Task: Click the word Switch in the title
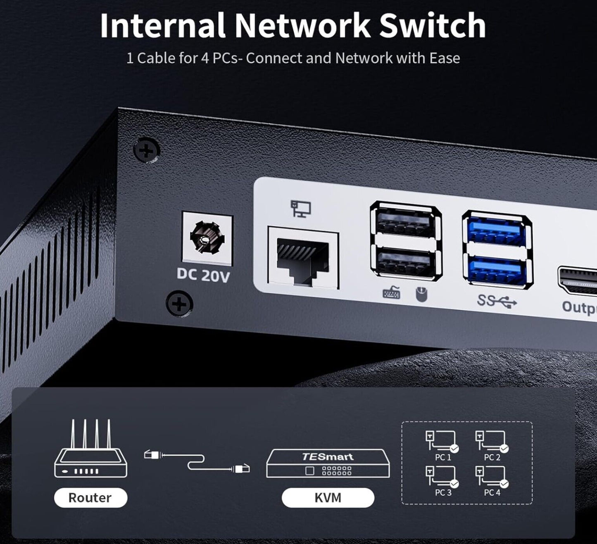pyautogui.click(x=432, y=26)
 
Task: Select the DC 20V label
pyautogui.click(x=203, y=275)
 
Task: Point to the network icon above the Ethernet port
pyautogui.click(x=300, y=208)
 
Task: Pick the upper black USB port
pyautogui.click(x=405, y=223)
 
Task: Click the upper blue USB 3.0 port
pyautogui.click(x=497, y=231)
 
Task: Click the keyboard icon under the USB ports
pyautogui.click(x=391, y=293)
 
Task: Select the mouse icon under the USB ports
pyautogui.click(x=421, y=295)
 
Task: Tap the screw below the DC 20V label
pyautogui.click(x=179, y=304)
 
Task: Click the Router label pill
pyautogui.click(x=90, y=497)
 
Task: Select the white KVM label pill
pyautogui.click(x=328, y=497)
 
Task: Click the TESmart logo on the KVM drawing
pyautogui.click(x=327, y=456)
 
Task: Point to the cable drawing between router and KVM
pyautogui.click(x=197, y=461)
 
